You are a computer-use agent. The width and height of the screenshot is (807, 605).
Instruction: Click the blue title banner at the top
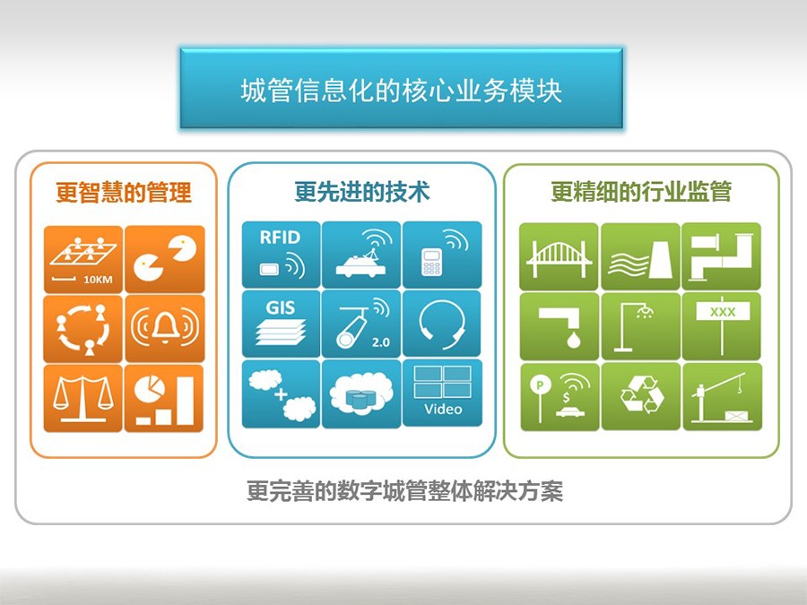click(402, 89)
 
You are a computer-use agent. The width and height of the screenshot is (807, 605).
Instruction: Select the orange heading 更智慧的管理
click(124, 193)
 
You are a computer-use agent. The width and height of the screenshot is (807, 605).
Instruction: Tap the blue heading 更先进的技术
click(362, 192)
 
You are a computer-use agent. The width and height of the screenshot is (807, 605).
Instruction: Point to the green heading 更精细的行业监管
click(641, 192)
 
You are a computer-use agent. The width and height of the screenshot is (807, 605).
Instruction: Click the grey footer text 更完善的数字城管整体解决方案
click(404, 491)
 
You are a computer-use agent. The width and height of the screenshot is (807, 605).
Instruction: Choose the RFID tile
click(281, 255)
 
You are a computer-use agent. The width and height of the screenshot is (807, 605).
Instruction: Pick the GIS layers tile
click(281, 324)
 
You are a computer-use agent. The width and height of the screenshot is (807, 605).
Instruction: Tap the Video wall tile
click(442, 393)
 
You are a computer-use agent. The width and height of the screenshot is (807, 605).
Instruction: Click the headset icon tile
click(442, 324)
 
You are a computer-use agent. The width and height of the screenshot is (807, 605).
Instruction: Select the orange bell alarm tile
click(165, 328)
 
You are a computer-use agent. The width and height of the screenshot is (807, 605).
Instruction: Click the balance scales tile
click(82, 398)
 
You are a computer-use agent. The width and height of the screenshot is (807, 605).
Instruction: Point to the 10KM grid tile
click(82, 259)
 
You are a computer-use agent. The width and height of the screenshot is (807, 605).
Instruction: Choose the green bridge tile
click(559, 256)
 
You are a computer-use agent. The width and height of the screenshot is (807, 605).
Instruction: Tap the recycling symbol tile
click(641, 396)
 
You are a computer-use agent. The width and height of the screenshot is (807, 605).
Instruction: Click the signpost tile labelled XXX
click(722, 326)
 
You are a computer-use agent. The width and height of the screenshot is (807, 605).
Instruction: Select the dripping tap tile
click(559, 326)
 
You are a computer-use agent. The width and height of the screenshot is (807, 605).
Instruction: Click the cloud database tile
click(361, 393)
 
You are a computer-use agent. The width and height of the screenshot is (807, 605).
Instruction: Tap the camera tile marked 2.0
click(361, 324)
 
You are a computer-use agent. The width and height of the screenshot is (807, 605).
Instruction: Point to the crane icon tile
click(722, 396)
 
